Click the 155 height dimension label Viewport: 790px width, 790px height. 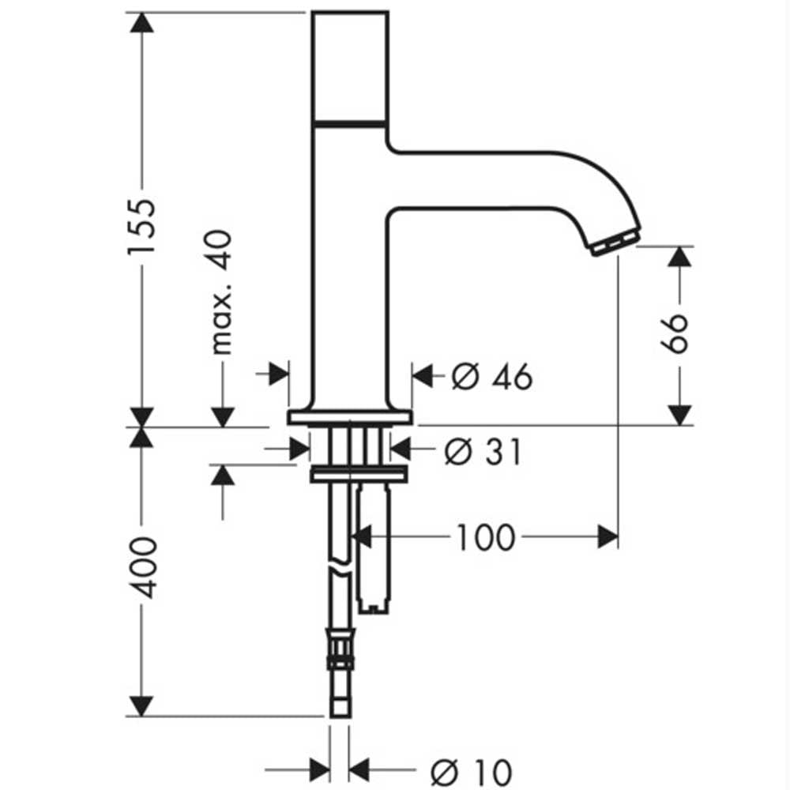pos(141,228)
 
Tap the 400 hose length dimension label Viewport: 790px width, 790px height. pos(141,568)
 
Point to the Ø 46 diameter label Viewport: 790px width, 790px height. pos(491,376)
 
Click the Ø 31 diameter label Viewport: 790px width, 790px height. pos(483,451)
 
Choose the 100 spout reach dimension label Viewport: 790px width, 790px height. pos(486,537)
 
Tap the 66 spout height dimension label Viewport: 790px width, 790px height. pos(675,334)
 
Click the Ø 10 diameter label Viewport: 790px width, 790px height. pos(471,771)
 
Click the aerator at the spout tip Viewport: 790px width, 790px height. pos(615,243)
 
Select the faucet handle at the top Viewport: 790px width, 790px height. pos(350,66)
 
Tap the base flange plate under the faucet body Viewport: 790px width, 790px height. pos(350,418)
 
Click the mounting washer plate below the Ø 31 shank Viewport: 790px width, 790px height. pos(359,474)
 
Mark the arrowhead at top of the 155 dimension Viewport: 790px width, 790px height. pos(141,23)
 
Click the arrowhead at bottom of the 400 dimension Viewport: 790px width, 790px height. pos(141,705)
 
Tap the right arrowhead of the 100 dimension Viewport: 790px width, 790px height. pos(608,537)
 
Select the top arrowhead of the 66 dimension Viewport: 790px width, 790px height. pos(679,257)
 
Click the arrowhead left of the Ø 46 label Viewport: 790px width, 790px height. pos(423,375)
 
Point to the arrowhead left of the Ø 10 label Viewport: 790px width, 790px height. pos(320,769)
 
